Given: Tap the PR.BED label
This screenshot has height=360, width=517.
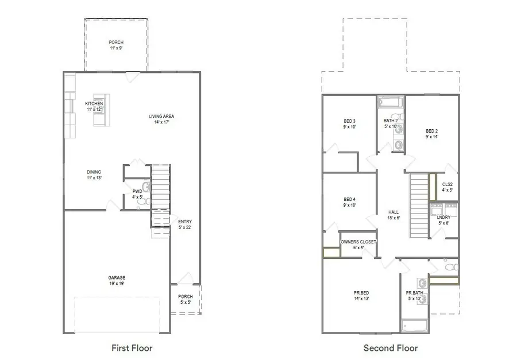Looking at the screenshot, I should [361, 296].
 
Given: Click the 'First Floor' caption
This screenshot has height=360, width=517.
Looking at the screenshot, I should [132, 347].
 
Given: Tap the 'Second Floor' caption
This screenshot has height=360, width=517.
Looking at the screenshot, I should [391, 347].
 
